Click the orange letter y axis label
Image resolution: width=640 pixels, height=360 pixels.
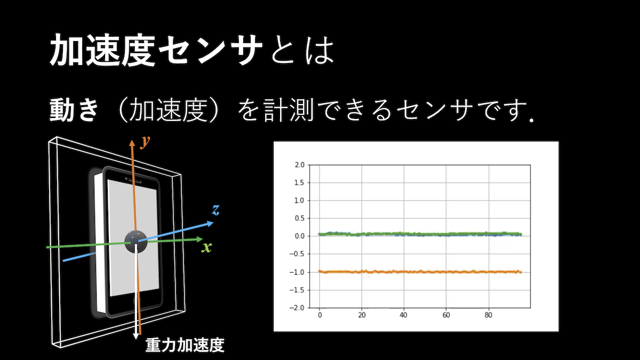tap(145, 142)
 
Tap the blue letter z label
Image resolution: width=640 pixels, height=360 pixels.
tap(216, 210)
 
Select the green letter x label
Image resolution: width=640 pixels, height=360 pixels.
tap(206, 247)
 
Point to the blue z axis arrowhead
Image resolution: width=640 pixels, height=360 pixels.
tap(210, 223)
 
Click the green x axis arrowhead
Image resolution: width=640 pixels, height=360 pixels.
tap(199, 239)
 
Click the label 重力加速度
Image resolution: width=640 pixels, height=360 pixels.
tap(185, 345)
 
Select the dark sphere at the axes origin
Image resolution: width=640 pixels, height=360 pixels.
tap(136, 242)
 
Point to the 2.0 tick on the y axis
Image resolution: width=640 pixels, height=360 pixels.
tap(299, 165)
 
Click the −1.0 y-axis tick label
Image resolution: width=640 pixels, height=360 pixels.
tap(297, 272)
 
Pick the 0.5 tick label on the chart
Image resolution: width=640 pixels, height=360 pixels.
tap(299, 218)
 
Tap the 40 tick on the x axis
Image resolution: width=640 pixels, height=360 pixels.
tap(403, 315)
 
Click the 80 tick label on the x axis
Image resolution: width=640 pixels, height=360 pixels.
tap(489, 315)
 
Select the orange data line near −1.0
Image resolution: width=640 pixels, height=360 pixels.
tap(420, 271)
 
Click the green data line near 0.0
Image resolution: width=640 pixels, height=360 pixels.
tap(420, 234)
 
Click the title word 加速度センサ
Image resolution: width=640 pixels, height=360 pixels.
tap(156, 50)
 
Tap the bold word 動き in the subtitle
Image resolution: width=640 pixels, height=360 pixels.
tap(74, 110)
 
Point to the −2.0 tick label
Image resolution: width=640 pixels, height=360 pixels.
tap(297, 308)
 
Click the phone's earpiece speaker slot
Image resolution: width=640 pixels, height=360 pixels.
tap(135, 181)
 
